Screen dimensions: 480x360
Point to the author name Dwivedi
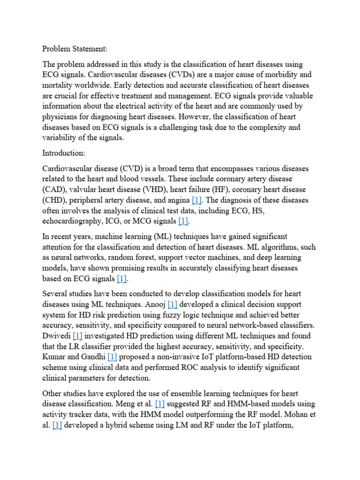point(57,337)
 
